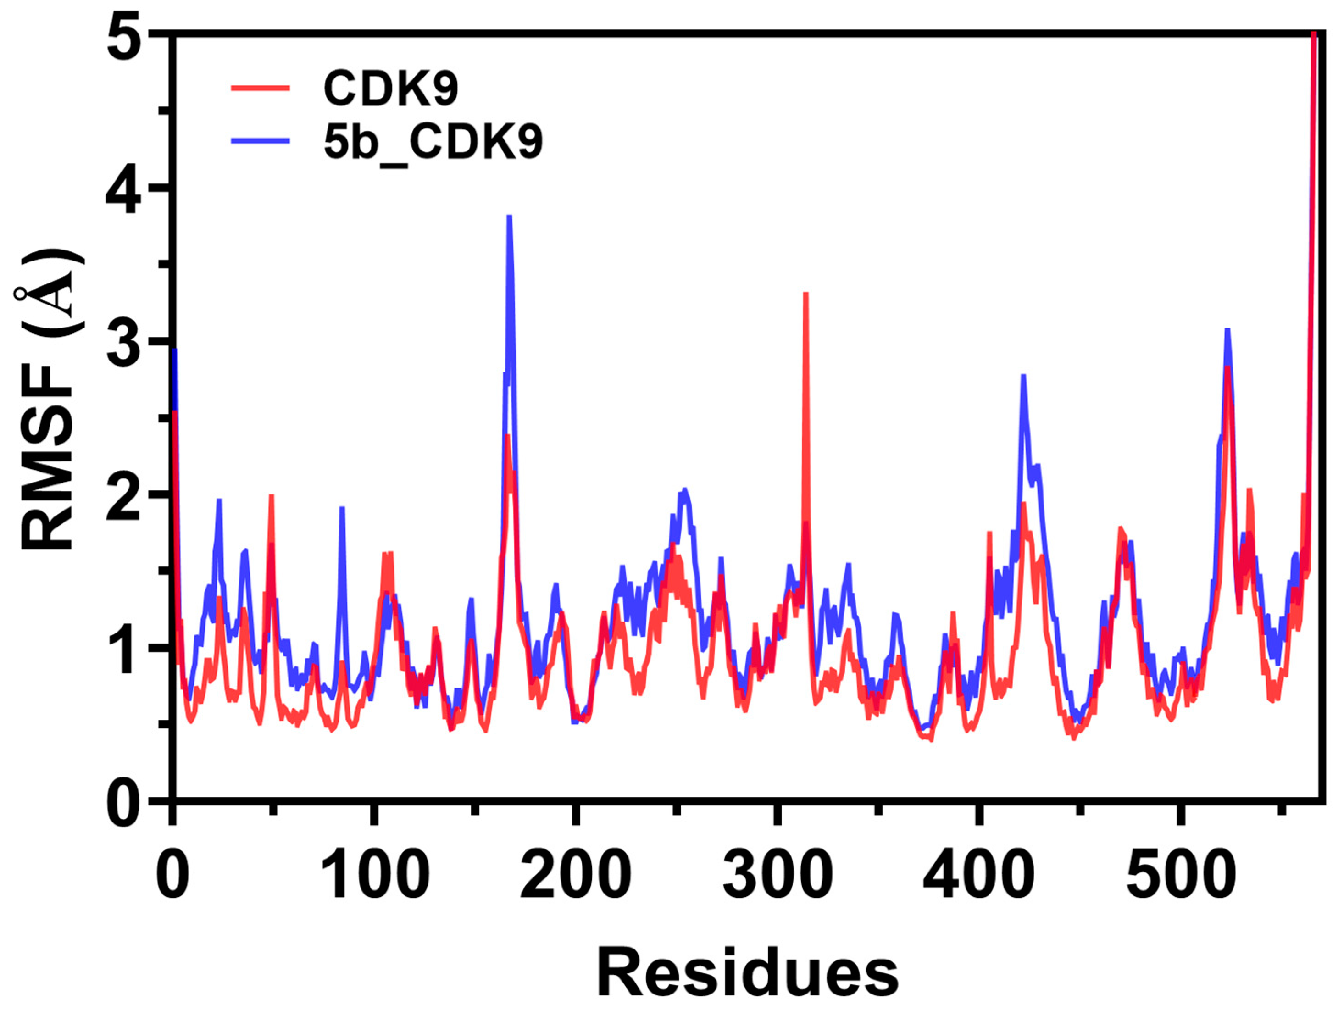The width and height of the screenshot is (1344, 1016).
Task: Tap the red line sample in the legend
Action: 260,88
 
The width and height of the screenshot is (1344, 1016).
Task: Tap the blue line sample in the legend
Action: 260,140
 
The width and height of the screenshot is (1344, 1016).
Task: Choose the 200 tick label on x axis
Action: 575,877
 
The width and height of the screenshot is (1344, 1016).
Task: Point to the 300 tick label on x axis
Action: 777,877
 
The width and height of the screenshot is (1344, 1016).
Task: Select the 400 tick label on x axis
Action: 978,877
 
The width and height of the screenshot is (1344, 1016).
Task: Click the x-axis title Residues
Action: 747,973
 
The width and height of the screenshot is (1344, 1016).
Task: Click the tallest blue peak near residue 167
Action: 510,217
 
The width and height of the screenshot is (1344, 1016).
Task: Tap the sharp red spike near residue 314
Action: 805,294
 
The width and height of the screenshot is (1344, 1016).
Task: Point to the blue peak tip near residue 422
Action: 1024,377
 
